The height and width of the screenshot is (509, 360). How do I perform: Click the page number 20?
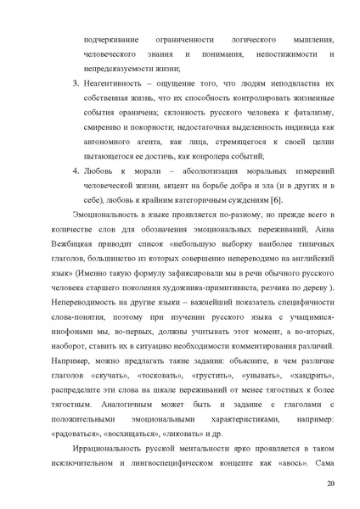330,484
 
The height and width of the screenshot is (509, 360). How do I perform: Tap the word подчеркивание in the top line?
110,40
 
